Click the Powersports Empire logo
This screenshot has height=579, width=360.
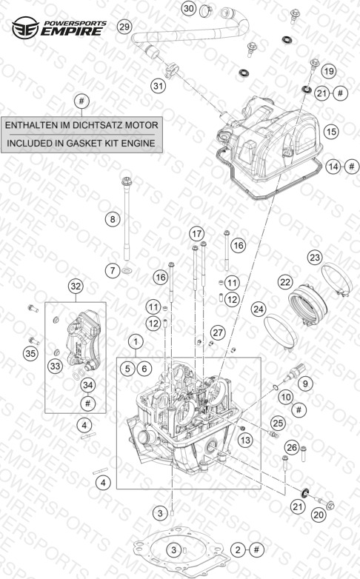click(x=59, y=27)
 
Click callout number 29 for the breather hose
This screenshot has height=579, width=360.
click(x=124, y=27)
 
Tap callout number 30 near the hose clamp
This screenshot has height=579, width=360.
click(x=189, y=8)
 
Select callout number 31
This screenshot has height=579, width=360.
click(x=159, y=86)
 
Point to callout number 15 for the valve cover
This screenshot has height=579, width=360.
click(x=331, y=131)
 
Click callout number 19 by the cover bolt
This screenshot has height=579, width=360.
click(x=329, y=71)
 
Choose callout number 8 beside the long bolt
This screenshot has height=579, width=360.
click(x=113, y=219)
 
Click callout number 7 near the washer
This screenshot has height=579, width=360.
click(x=113, y=271)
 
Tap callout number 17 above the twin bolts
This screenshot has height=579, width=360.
click(x=196, y=233)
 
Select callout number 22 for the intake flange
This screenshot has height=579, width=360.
click(x=285, y=282)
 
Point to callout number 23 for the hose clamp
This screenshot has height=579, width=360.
click(x=315, y=257)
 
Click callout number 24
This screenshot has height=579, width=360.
click(x=259, y=309)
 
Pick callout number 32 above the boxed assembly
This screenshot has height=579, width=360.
click(x=76, y=287)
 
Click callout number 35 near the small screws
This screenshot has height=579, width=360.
click(x=30, y=353)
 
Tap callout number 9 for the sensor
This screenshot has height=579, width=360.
click(x=305, y=384)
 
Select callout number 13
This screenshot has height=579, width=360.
click(x=245, y=440)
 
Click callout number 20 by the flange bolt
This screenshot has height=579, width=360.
click(x=319, y=515)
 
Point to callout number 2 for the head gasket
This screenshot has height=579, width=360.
click(x=238, y=550)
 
